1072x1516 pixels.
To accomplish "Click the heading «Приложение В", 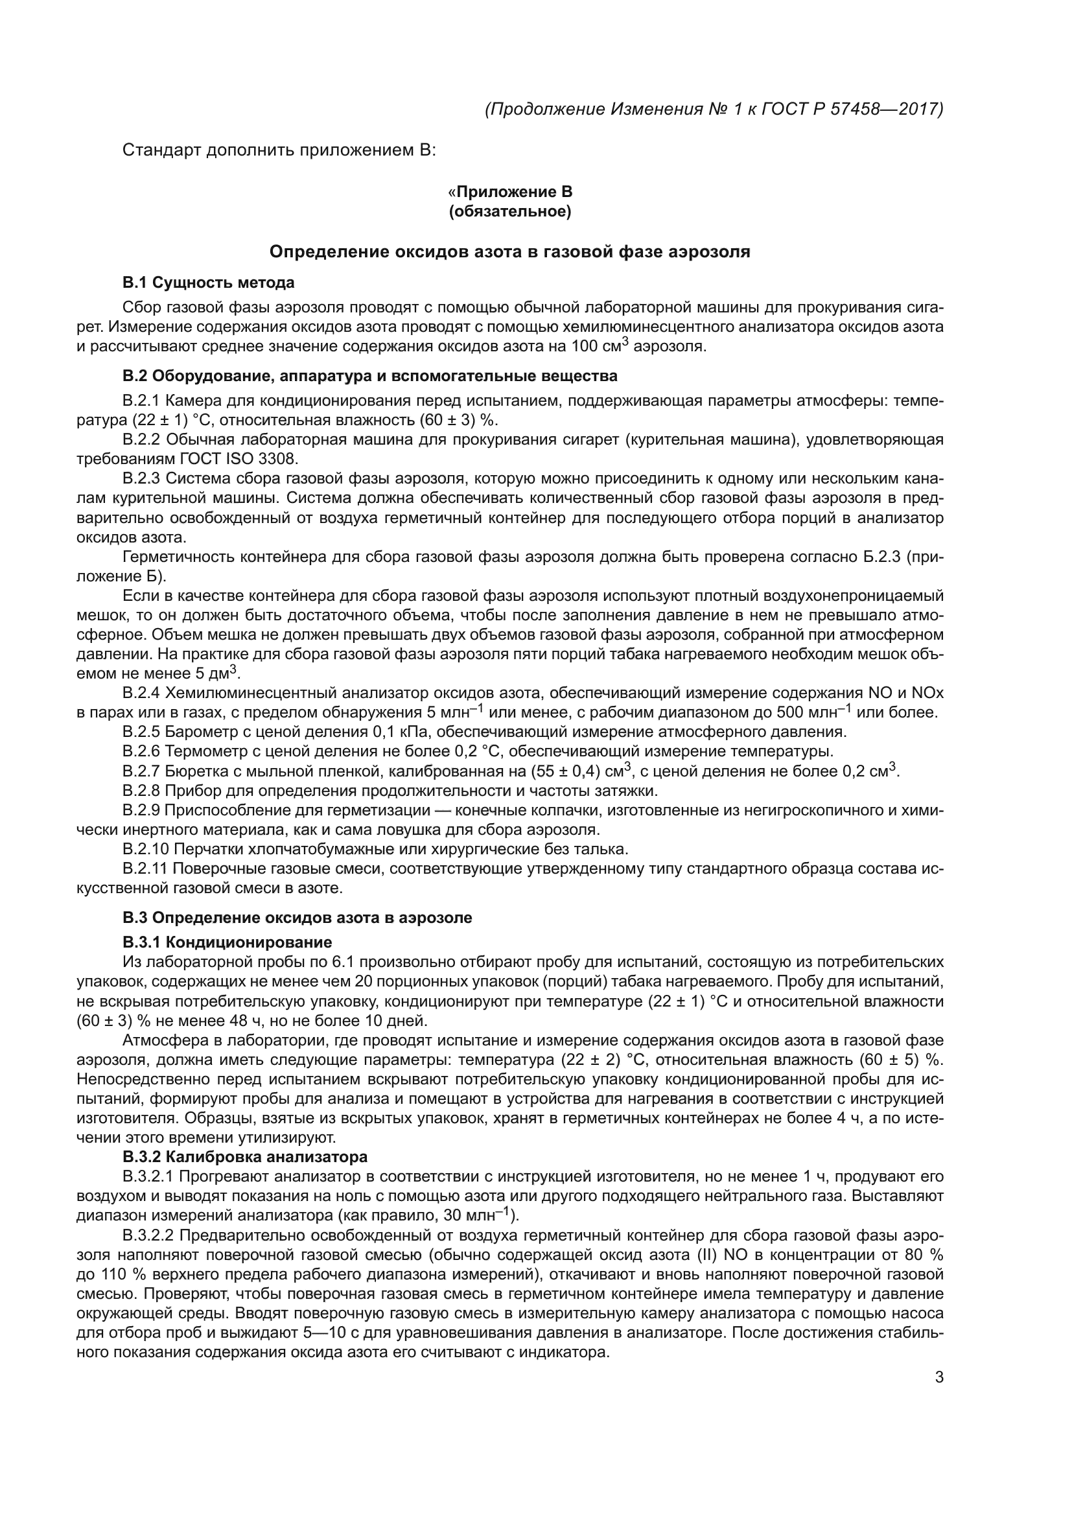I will (x=509, y=192).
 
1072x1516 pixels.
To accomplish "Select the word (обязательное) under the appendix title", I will (x=509, y=212).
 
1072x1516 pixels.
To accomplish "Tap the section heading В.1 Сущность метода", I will (x=208, y=283).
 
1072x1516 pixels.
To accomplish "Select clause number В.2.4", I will (x=141, y=694).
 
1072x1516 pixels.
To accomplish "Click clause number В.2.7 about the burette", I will (x=141, y=771).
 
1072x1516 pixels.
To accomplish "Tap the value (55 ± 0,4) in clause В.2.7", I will (x=565, y=771).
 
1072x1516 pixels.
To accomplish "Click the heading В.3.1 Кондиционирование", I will (x=227, y=942).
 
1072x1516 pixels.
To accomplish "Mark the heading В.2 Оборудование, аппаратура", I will (x=369, y=377).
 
